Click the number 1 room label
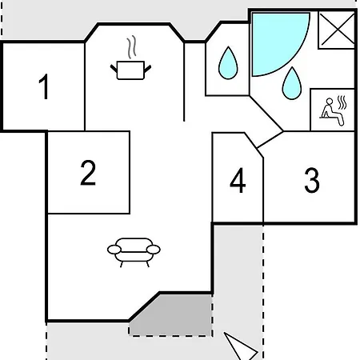point(44,86)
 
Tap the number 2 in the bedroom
point(88,173)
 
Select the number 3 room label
point(312,180)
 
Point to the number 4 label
point(238,180)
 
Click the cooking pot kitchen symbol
point(130,70)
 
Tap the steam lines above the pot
point(131,47)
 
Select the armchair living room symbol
point(134,252)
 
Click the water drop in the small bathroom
point(228,63)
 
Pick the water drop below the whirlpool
point(292,83)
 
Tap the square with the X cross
point(337,30)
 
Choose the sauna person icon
point(332,112)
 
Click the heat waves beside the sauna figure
point(342,102)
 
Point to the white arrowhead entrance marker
point(241,346)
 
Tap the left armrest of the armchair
point(114,250)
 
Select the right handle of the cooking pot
point(148,69)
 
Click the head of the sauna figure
point(330,101)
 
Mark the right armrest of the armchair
point(154,250)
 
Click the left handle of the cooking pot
point(114,69)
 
